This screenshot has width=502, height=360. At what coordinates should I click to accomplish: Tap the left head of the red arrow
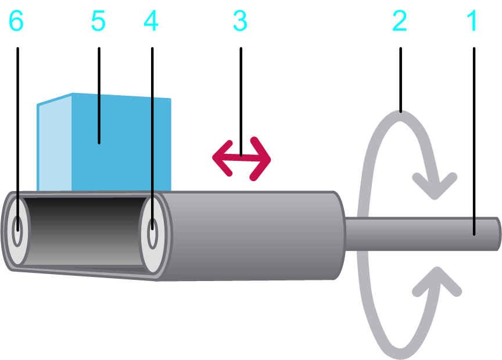(x=220, y=157)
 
